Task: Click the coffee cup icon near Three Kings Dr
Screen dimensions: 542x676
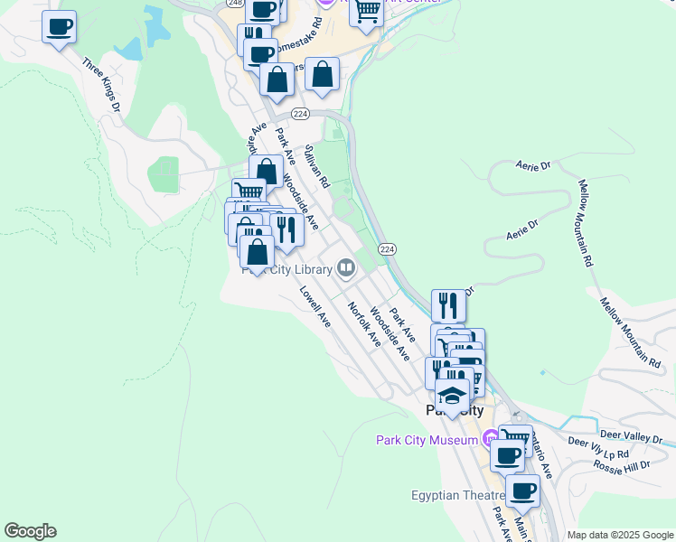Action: coord(59,27)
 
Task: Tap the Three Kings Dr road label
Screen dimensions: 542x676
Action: coord(101,86)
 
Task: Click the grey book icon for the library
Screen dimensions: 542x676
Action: coord(345,267)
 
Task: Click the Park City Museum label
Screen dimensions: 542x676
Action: coord(427,440)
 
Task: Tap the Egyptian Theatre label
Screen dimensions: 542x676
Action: coord(457,495)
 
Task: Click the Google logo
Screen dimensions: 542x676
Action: coord(30,531)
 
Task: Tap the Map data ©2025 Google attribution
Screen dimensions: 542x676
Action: coord(619,535)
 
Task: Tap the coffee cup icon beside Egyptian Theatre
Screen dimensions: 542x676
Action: coord(521,491)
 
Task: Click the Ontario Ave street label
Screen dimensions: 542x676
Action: coord(542,457)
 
